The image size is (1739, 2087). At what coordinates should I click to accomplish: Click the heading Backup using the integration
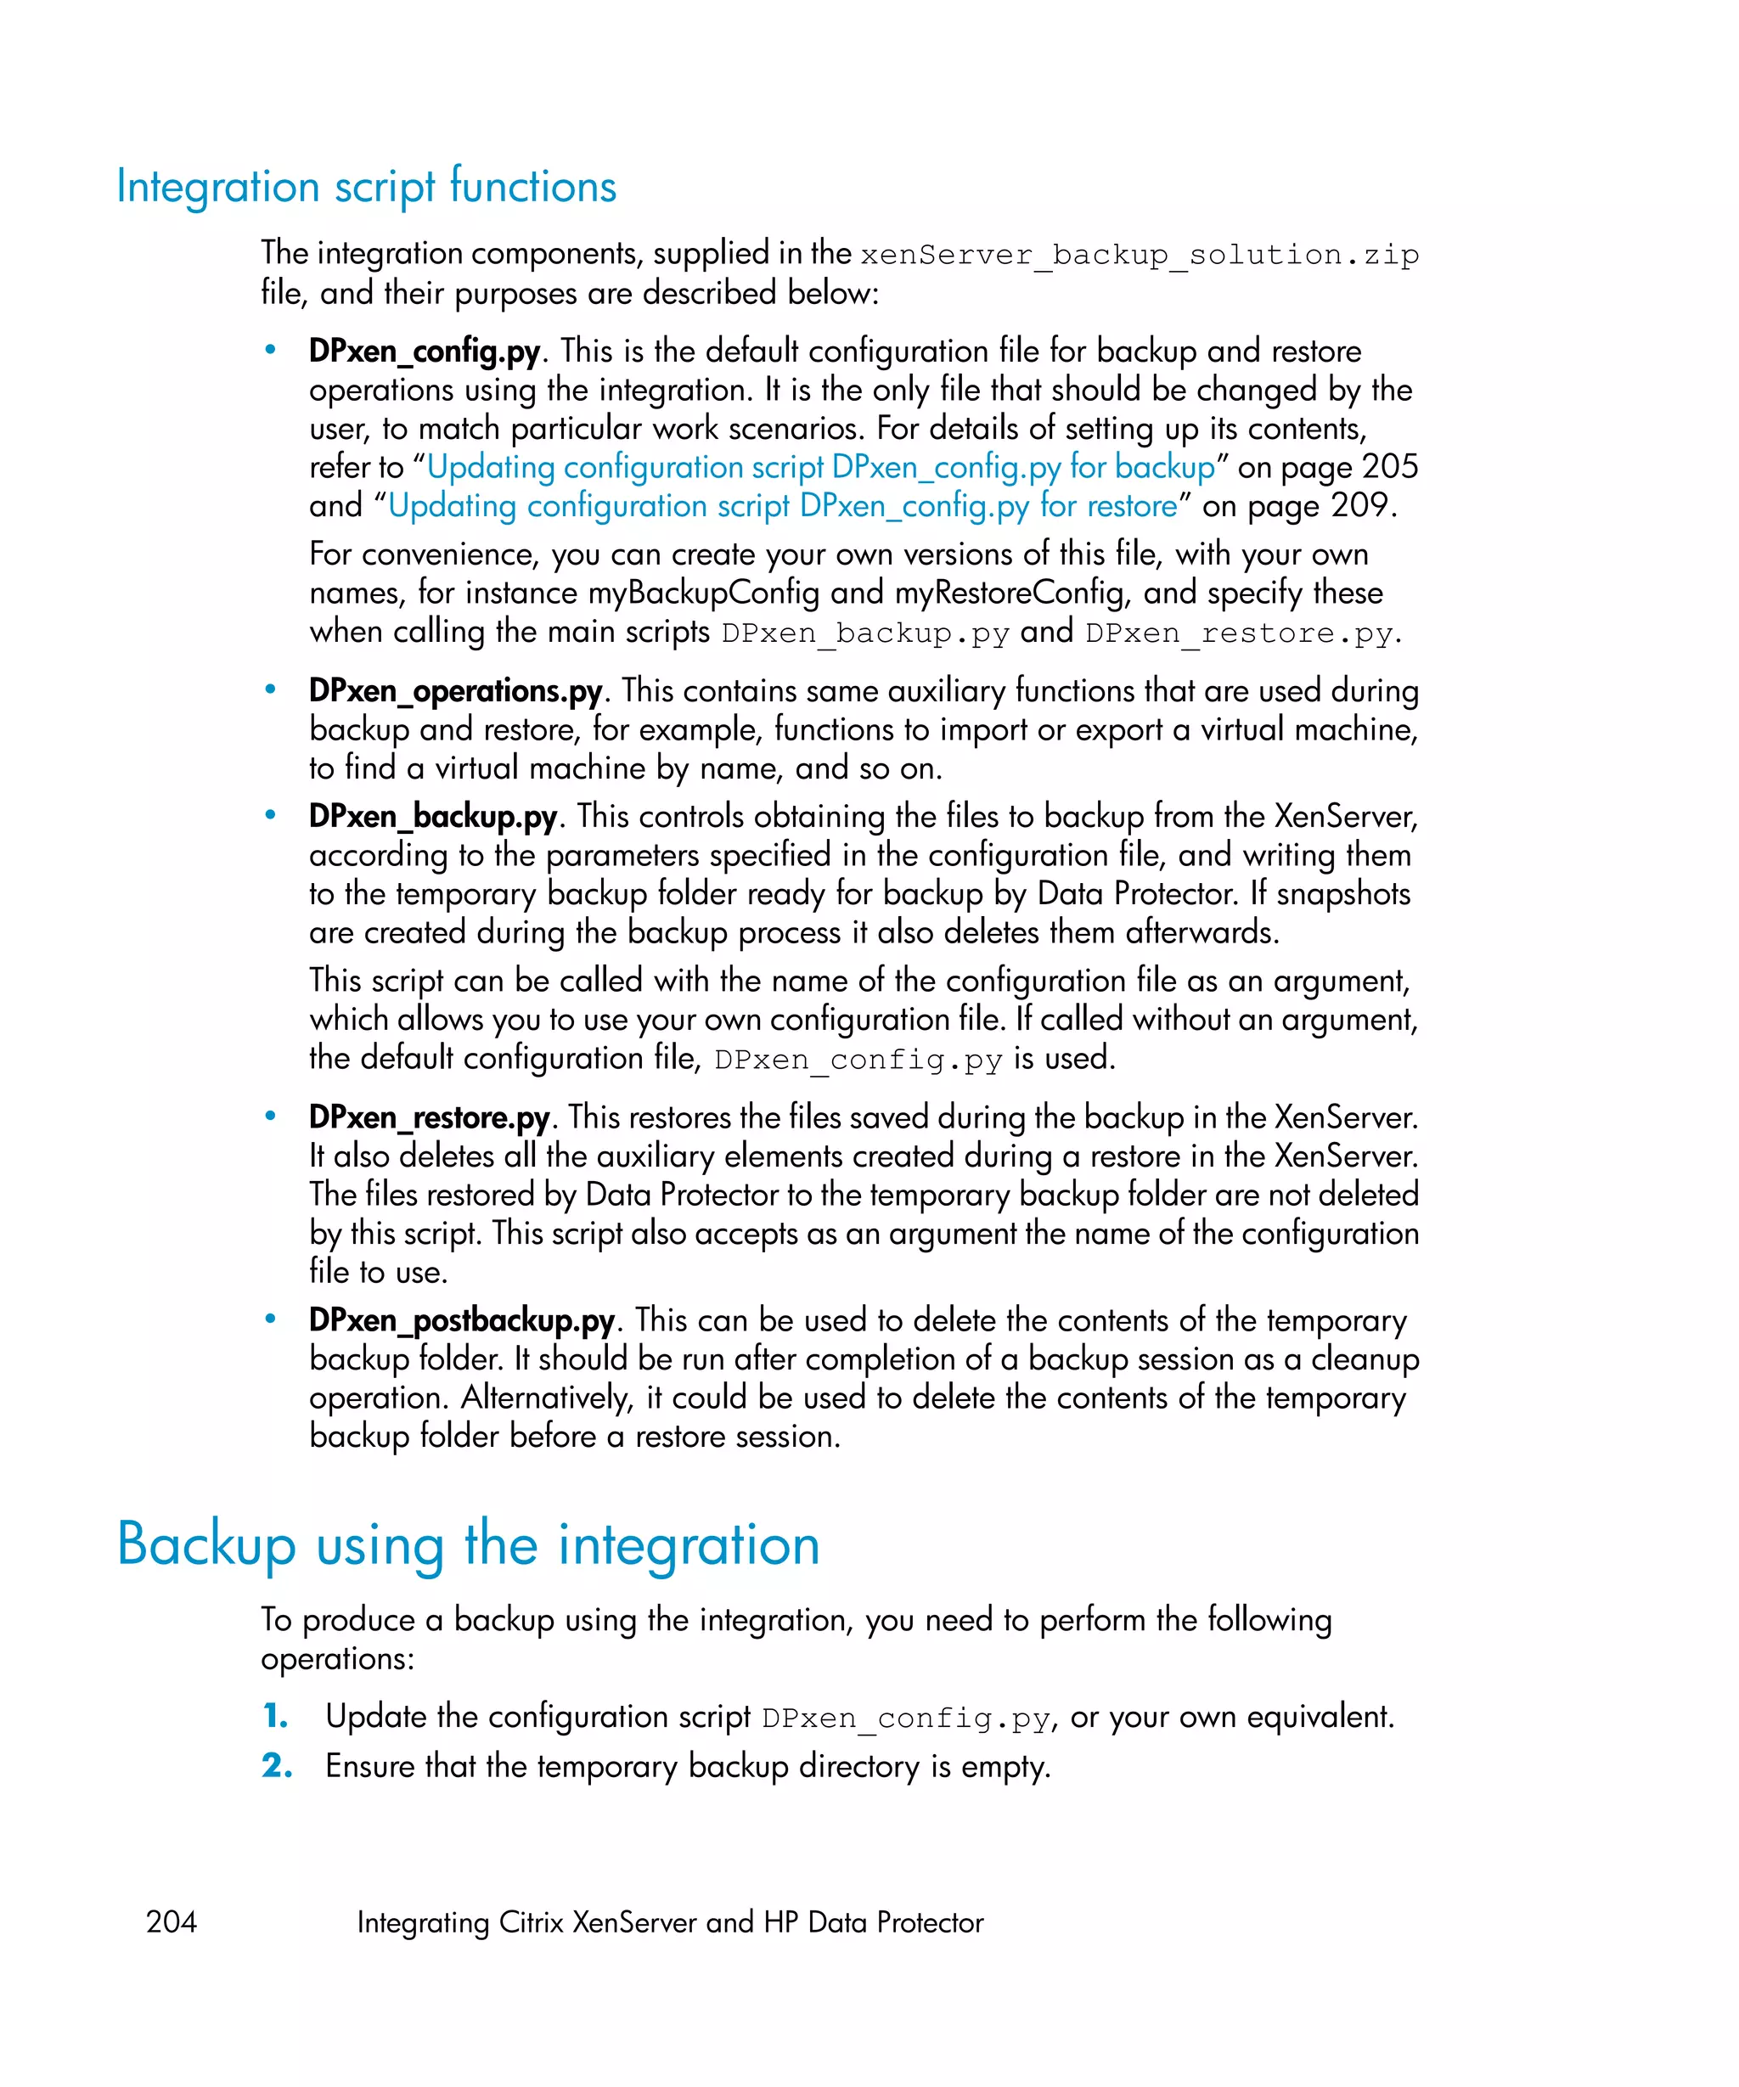tap(468, 1545)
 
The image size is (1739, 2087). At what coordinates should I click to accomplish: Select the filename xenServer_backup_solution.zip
tap(1139, 256)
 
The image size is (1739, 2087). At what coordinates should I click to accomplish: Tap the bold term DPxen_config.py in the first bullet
tap(425, 352)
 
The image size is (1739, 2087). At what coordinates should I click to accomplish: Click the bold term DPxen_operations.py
tap(455, 692)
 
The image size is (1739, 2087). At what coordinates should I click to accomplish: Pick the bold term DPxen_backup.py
tap(432, 817)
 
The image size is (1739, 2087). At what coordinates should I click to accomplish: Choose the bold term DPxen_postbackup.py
tap(461, 1321)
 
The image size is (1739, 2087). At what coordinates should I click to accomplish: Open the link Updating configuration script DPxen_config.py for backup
tap(821, 468)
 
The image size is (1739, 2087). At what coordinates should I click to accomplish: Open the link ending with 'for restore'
tap(782, 507)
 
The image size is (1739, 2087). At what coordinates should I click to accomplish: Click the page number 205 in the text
tap(1389, 468)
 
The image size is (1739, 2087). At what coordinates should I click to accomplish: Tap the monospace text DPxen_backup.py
tap(864, 634)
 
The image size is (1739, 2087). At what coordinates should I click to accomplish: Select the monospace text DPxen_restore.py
tap(1238, 634)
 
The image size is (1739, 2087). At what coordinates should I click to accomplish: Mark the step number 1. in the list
tap(275, 1716)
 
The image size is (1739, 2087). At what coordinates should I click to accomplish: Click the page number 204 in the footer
tap(171, 1922)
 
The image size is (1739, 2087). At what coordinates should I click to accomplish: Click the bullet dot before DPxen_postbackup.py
tap(270, 1319)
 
